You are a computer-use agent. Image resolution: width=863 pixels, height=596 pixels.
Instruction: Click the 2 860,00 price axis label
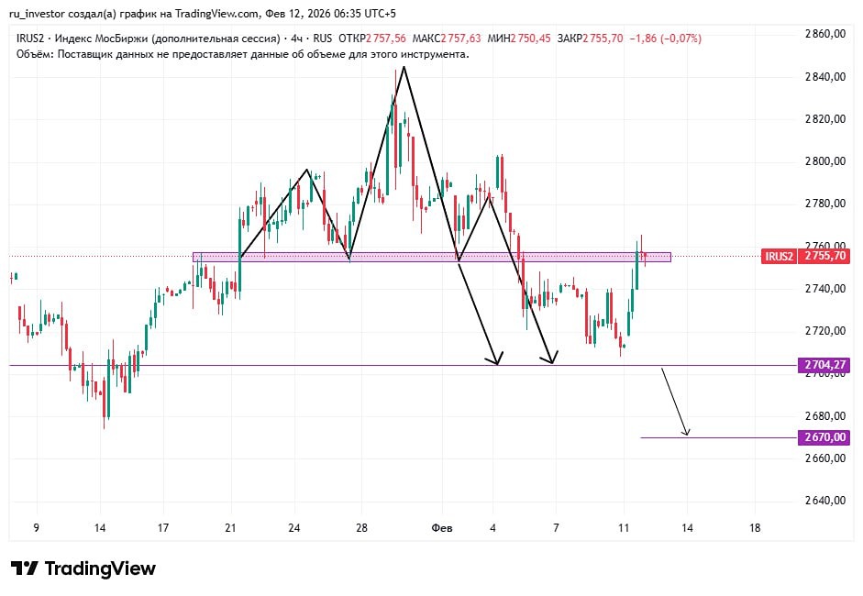pos(824,34)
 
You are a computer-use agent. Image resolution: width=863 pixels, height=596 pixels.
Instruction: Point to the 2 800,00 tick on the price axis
pos(824,161)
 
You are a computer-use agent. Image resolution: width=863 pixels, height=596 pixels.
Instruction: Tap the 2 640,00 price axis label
pos(824,501)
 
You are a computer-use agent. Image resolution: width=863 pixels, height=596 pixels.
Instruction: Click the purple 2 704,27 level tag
pos(824,365)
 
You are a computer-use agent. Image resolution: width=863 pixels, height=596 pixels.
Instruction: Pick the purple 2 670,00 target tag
pos(824,437)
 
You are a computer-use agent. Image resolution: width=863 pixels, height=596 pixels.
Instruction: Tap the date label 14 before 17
pos(100,528)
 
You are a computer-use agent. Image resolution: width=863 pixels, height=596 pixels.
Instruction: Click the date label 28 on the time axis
pos(362,528)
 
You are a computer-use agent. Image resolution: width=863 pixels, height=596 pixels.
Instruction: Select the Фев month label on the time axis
pos(441,528)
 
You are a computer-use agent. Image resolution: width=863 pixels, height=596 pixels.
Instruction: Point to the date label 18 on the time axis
pos(755,528)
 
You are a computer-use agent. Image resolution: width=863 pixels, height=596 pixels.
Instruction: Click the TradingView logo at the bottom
pos(83,568)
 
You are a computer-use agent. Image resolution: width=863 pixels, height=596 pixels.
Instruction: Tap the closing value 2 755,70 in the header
pos(602,39)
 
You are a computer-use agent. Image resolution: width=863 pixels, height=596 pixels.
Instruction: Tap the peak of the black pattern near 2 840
pos(404,67)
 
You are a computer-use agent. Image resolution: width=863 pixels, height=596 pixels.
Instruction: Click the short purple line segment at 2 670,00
pos(715,437)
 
